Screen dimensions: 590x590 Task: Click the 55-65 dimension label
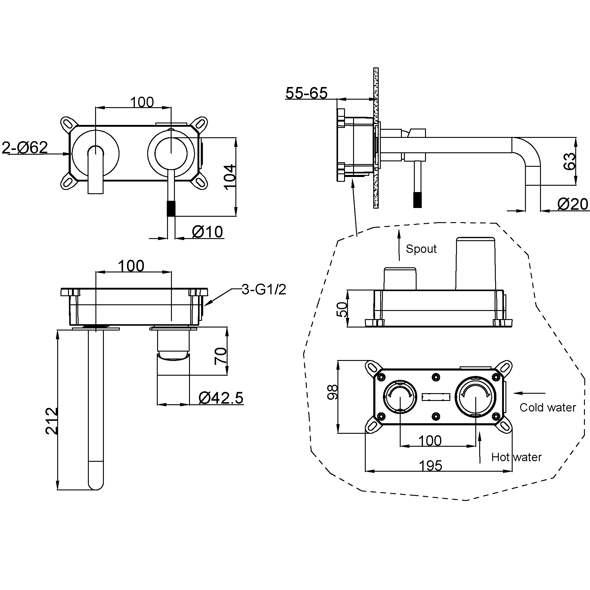pos(306,93)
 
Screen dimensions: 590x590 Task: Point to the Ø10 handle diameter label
pos(207,232)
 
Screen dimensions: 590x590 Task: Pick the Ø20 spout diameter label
pos(573,204)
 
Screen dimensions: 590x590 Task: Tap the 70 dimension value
pos(220,356)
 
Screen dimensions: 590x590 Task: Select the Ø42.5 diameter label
pos(221,398)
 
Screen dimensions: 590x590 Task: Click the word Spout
pos(421,249)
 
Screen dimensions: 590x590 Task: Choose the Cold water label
pos(548,407)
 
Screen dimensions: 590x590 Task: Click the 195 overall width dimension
pos(430,466)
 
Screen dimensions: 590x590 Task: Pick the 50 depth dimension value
pos(342,309)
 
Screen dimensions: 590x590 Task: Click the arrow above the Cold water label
pos(529,393)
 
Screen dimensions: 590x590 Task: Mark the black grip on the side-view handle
pos(417,200)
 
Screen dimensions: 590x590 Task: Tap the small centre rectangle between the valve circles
pos(436,397)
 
